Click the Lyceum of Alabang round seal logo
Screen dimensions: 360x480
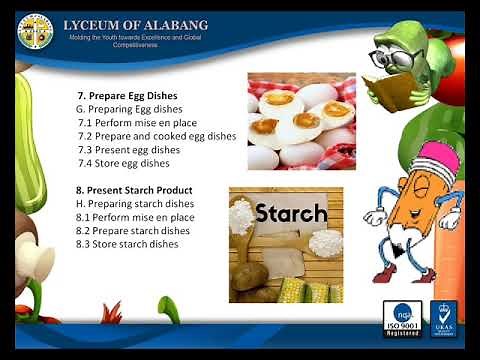click(36, 31)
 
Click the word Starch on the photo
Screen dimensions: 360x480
click(291, 213)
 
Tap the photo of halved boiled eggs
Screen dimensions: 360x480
click(301, 121)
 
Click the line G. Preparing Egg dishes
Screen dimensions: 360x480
click(134, 109)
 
